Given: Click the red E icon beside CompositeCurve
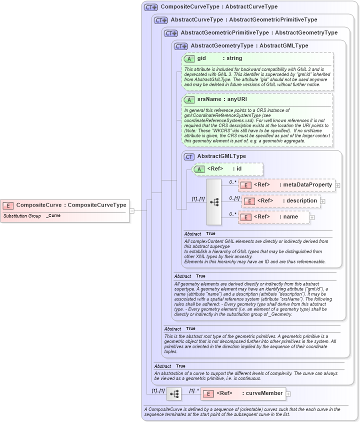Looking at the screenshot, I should (8, 205).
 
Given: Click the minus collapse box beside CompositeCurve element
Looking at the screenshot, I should (132, 210).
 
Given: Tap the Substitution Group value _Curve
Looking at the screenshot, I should (53, 215).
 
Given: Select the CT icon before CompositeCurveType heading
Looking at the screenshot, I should (150, 7).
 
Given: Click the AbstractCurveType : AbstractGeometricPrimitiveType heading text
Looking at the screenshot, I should (243, 20).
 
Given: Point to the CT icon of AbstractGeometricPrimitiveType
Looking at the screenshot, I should (171, 33).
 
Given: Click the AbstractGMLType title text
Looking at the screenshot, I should (221, 156).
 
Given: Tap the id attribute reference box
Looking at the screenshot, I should (227, 169).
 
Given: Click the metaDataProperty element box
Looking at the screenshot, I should (286, 185).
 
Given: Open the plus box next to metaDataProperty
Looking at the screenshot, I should (337, 185).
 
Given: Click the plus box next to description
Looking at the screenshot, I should (322, 201).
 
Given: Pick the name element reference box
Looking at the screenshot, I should (273, 217).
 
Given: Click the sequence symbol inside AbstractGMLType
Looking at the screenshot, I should (214, 201).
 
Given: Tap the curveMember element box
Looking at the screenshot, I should (243, 393).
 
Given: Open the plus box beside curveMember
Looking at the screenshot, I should (288, 393).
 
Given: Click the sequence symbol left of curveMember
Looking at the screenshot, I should (174, 394).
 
